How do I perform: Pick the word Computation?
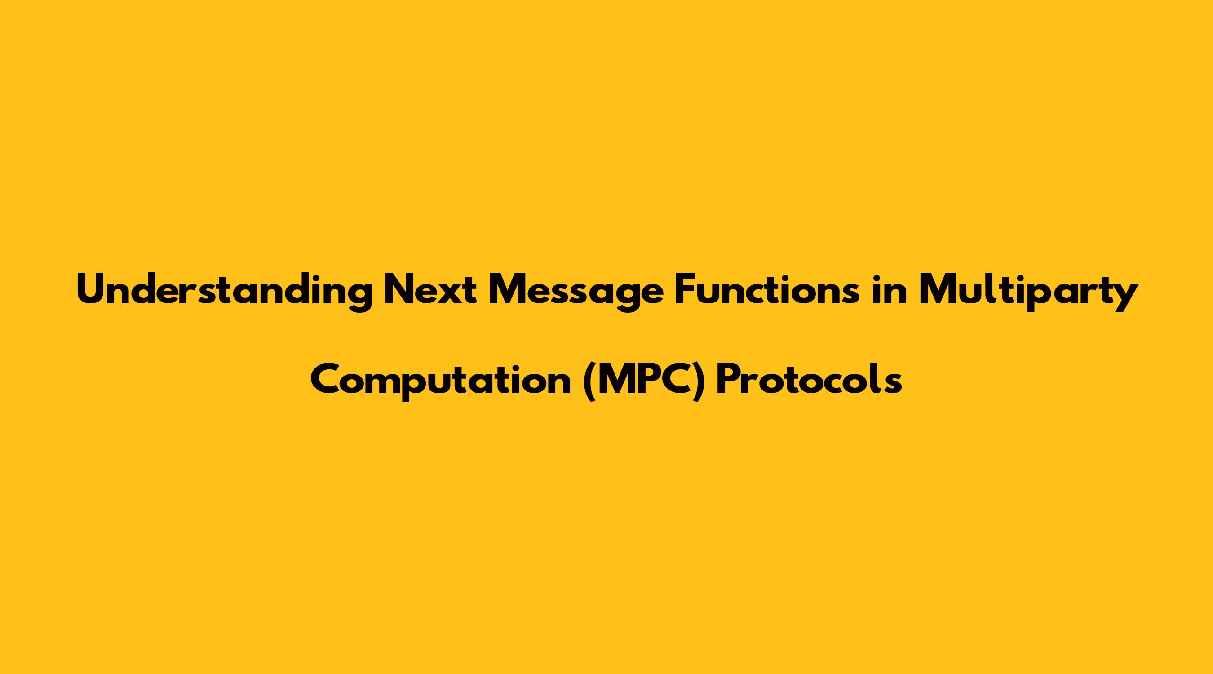[x=441, y=381]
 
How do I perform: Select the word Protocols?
[x=809, y=380]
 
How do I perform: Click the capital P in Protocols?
[x=727, y=380]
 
